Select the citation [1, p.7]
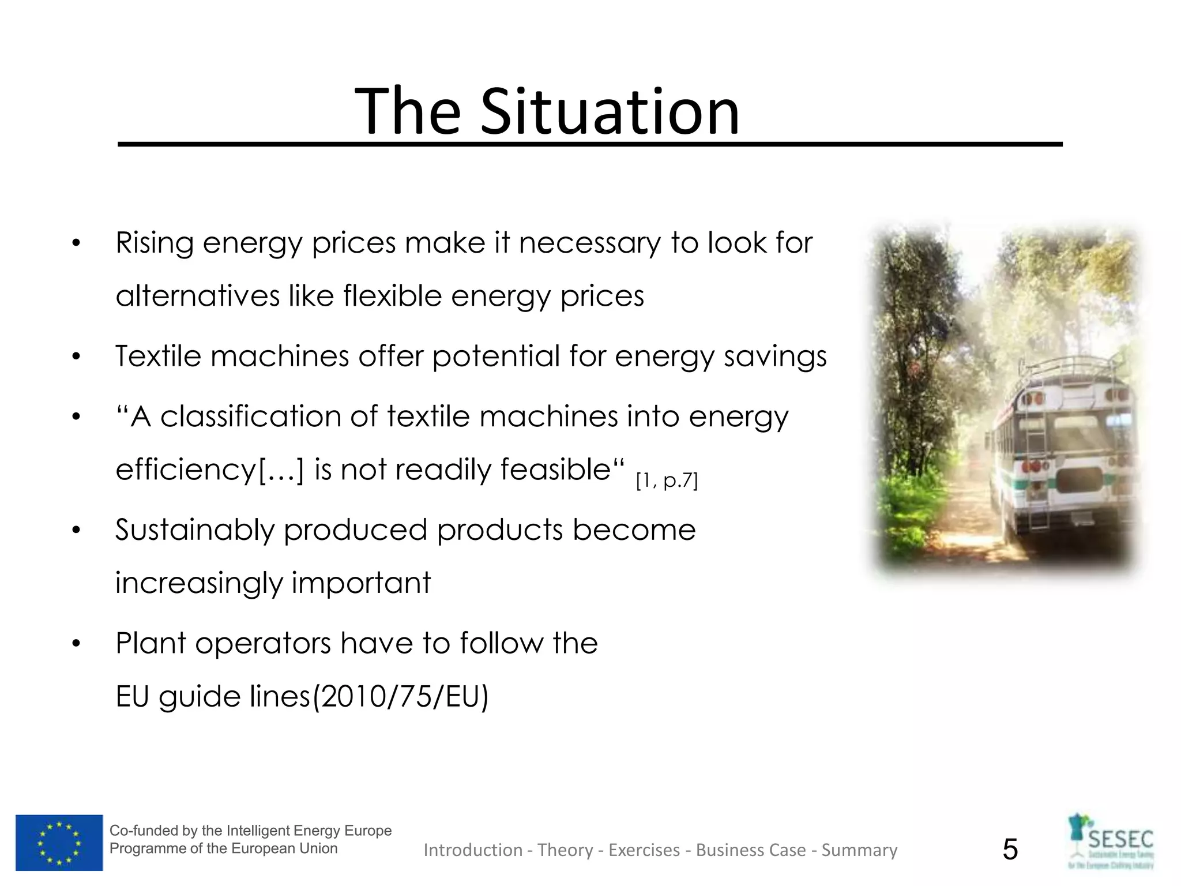pos(667,480)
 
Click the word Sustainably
pos(195,530)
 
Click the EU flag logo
pos(59,842)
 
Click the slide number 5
pos(1010,850)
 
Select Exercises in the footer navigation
pos(644,850)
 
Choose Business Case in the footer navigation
pos(751,850)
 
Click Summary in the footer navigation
pos(859,850)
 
